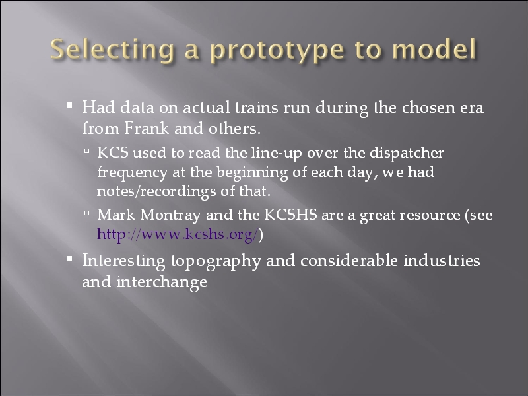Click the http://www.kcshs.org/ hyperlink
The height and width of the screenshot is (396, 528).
tap(178, 234)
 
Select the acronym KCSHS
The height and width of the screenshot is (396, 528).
tap(290, 214)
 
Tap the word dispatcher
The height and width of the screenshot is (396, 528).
tap(407, 153)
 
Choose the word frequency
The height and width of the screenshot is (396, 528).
tap(133, 173)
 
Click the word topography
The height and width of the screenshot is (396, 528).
tap(216, 261)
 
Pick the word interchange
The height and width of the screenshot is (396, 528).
tap(162, 282)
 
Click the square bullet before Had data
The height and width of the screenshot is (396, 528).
tap(69, 106)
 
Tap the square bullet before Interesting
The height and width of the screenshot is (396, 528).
tap(69, 259)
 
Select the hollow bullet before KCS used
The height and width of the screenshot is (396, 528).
tap(87, 151)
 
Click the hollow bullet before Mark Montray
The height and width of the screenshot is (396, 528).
tap(87, 213)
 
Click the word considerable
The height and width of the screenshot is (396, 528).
tap(349, 260)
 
